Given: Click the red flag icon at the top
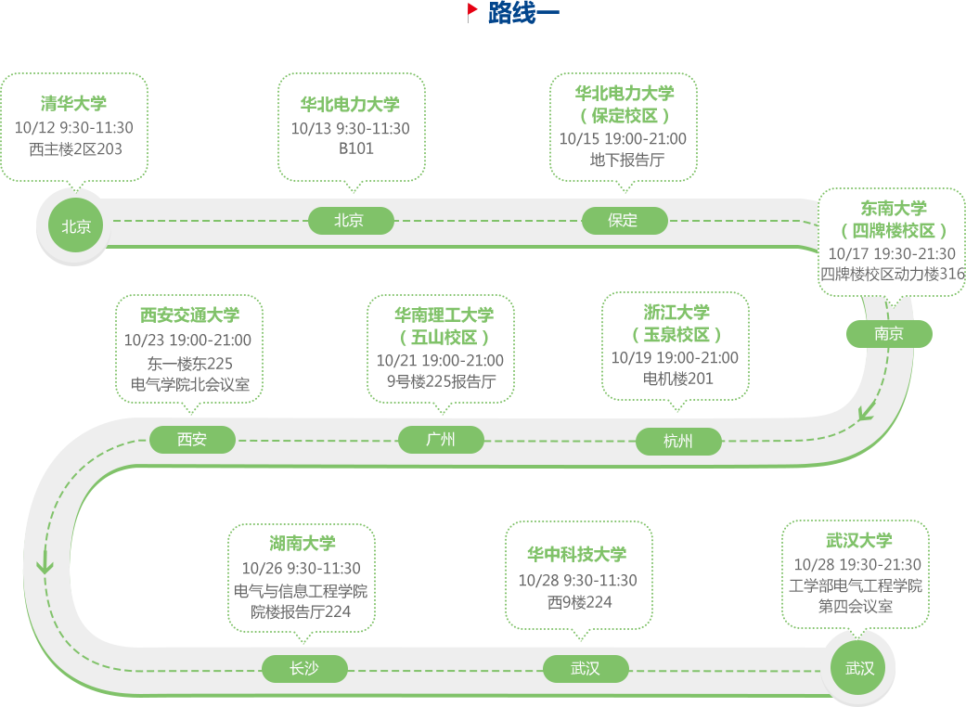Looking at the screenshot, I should coord(472,11).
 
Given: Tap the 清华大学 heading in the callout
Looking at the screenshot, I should coord(73,103).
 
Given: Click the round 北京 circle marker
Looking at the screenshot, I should coord(76,225).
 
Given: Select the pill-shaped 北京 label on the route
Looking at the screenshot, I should coord(349,220).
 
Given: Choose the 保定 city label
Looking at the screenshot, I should coord(623,220).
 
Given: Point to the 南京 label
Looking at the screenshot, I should coord(889,333).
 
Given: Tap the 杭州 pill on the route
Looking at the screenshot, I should coord(678,442).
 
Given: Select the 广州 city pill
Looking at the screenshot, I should coord(441,439).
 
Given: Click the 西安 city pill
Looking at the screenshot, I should coord(192,439).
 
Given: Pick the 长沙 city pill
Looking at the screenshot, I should coord(304,668).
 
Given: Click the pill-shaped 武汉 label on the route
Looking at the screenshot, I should coord(586,668).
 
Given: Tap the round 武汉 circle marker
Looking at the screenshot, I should coord(859,668).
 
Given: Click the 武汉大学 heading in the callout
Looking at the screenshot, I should coord(859,541).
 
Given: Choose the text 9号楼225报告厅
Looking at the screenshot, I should coord(441,381).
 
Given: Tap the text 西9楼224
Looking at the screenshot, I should coord(579,602).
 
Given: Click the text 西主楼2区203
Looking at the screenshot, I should coord(75,148).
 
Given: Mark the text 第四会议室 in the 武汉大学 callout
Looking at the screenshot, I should coord(856,607).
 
